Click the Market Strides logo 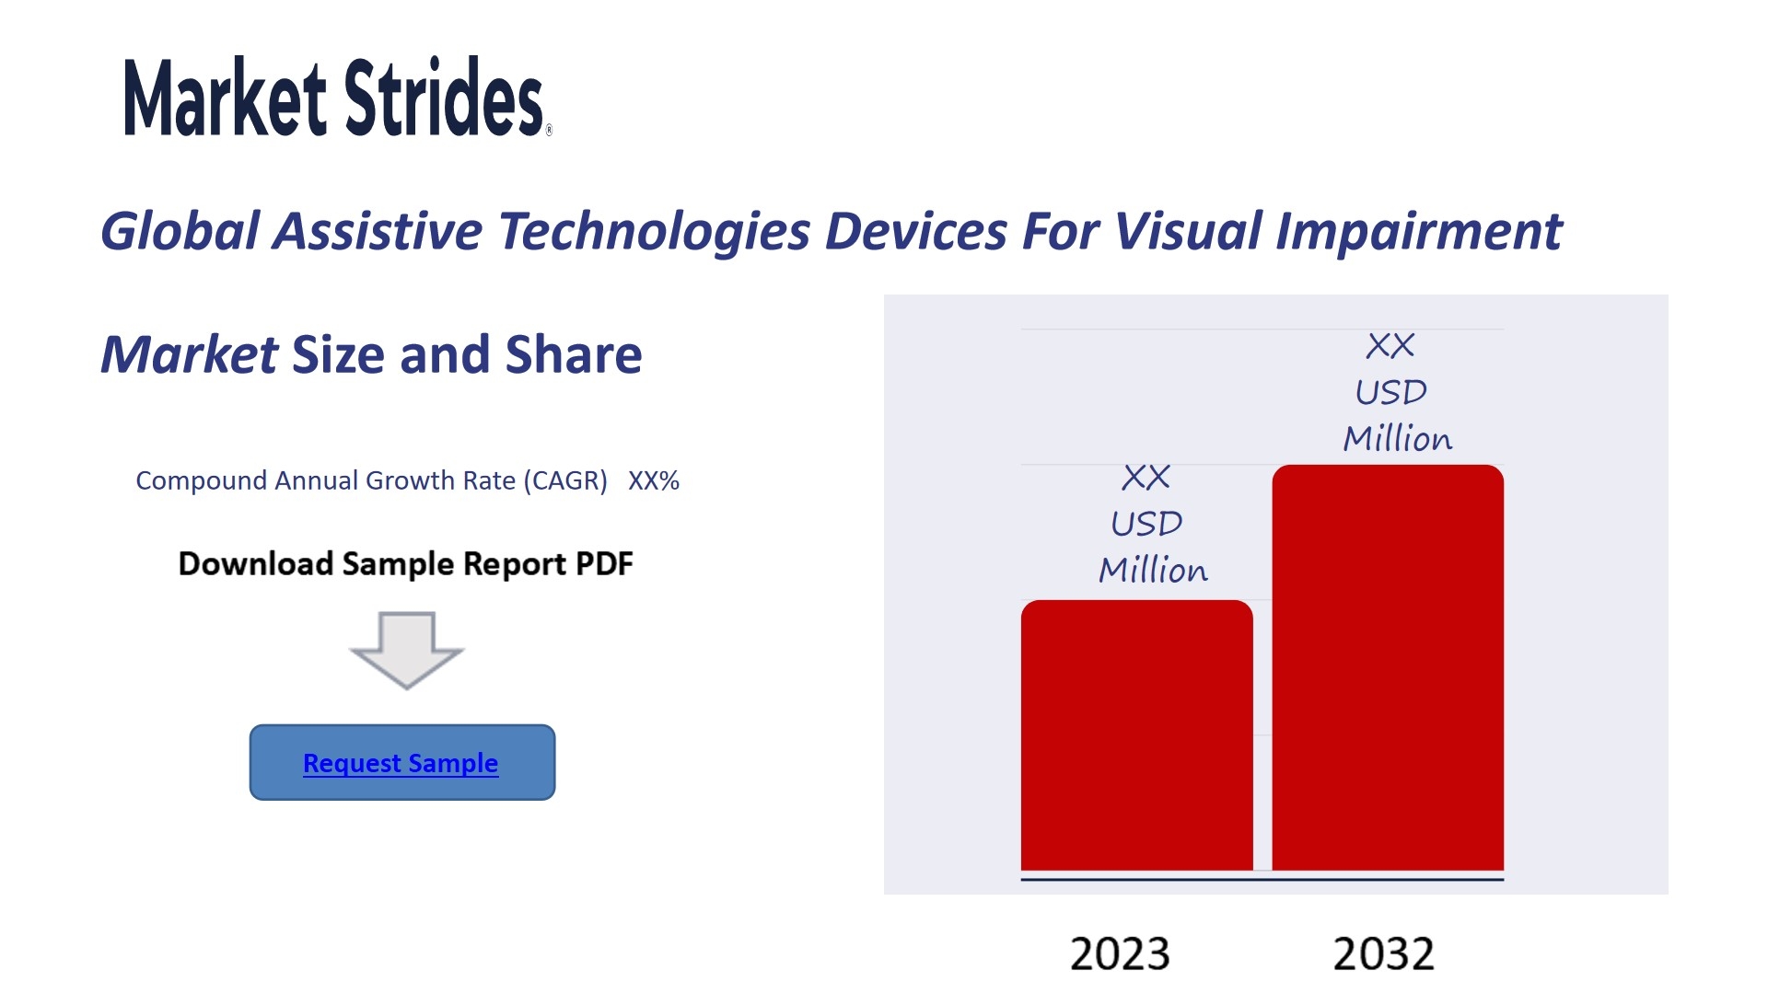tap(337, 97)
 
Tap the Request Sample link tap(401, 763)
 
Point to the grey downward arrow tap(407, 650)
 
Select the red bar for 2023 tap(1136, 734)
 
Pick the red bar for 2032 tap(1388, 667)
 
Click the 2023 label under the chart tap(1120, 954)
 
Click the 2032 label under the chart tap(1384, 954)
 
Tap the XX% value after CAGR tap(654, 480)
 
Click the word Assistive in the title tap(378, 230)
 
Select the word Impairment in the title tap(1418, 232)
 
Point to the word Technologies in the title tap(654, 232)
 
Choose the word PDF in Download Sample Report tap(604, 563)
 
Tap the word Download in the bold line tap(256, 563)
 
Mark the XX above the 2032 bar tap(1390, 346)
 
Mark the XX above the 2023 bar tap(1146, 478)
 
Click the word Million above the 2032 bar tap(1398, 438)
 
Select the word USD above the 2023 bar tap(1146, 524)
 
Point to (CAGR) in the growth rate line tap(565, 480)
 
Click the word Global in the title tap(180, 230)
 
